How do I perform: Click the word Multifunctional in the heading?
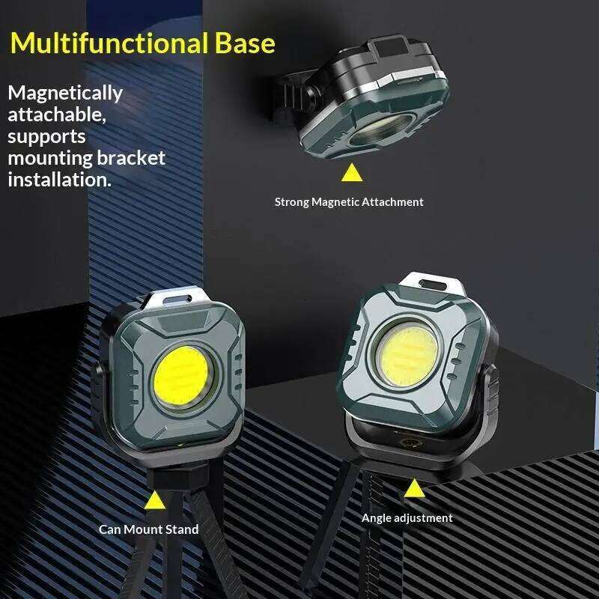[x=106, y=43]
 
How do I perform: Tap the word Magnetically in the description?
[x=65, y=94]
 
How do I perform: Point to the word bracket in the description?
[x=131, y=158]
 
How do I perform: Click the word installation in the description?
[x=59, y=180]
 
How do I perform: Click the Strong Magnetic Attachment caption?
[x=348, y=201]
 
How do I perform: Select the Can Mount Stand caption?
[x=149, y=529]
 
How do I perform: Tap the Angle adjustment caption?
[x=407, y=517]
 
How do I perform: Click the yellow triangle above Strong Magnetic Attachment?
[x=350, y=174]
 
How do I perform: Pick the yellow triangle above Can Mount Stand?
[x=154, y=500]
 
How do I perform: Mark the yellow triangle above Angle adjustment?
[x=413, y=488]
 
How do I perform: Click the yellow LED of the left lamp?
[x=180, y=378]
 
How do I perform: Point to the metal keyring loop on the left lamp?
[x=174, y=300]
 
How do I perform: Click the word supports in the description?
[x=46, y=137]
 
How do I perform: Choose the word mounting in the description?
[x=49, y=158]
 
